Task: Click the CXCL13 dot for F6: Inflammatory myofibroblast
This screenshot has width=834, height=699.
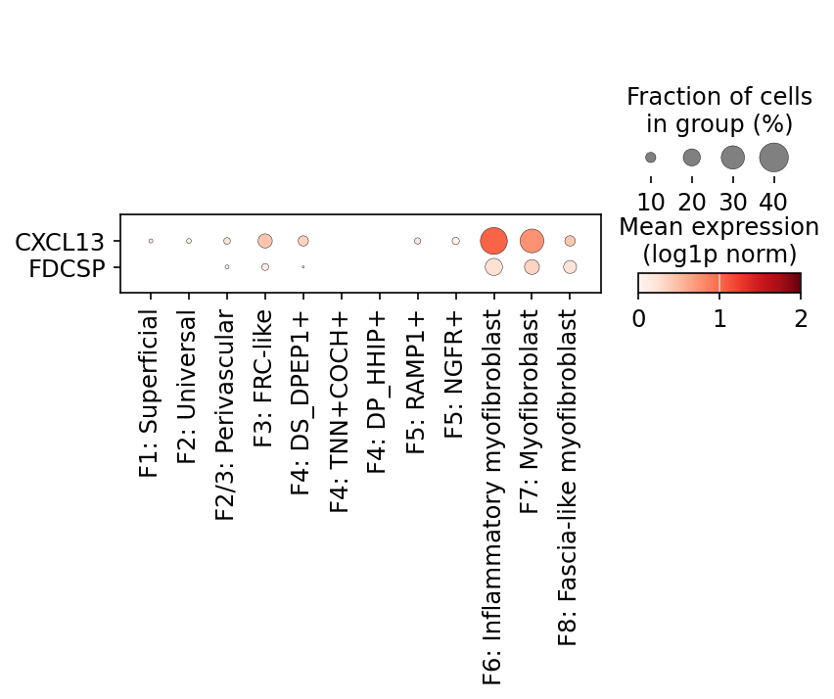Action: point(493,241)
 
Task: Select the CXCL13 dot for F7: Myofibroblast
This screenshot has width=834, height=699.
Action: point(532,241)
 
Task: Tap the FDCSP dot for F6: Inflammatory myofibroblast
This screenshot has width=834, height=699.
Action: point(493,267)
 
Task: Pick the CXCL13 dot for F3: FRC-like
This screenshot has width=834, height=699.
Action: point(265,241)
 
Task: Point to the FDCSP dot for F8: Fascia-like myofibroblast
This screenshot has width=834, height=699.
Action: point(570,267)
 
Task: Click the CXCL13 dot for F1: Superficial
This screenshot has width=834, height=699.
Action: point(151,241)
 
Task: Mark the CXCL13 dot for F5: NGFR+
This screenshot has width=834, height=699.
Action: point(456,241)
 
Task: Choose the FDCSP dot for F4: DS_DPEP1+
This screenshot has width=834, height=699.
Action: point(303,267)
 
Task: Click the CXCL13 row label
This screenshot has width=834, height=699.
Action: point(60,242)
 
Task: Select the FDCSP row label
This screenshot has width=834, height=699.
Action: point(67,268)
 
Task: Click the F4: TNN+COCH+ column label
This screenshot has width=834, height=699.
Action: point(339,412)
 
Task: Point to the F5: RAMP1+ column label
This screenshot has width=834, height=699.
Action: point(415,383)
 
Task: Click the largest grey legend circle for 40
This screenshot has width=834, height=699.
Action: point(774,158)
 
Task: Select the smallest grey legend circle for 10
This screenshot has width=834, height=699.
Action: point(651,158)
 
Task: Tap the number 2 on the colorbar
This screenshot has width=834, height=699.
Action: point(801,318)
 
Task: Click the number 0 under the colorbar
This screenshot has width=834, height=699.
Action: point(639,318)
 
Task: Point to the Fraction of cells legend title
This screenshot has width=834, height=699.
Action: point(719,110)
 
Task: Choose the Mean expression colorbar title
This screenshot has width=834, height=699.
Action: point(719,241)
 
